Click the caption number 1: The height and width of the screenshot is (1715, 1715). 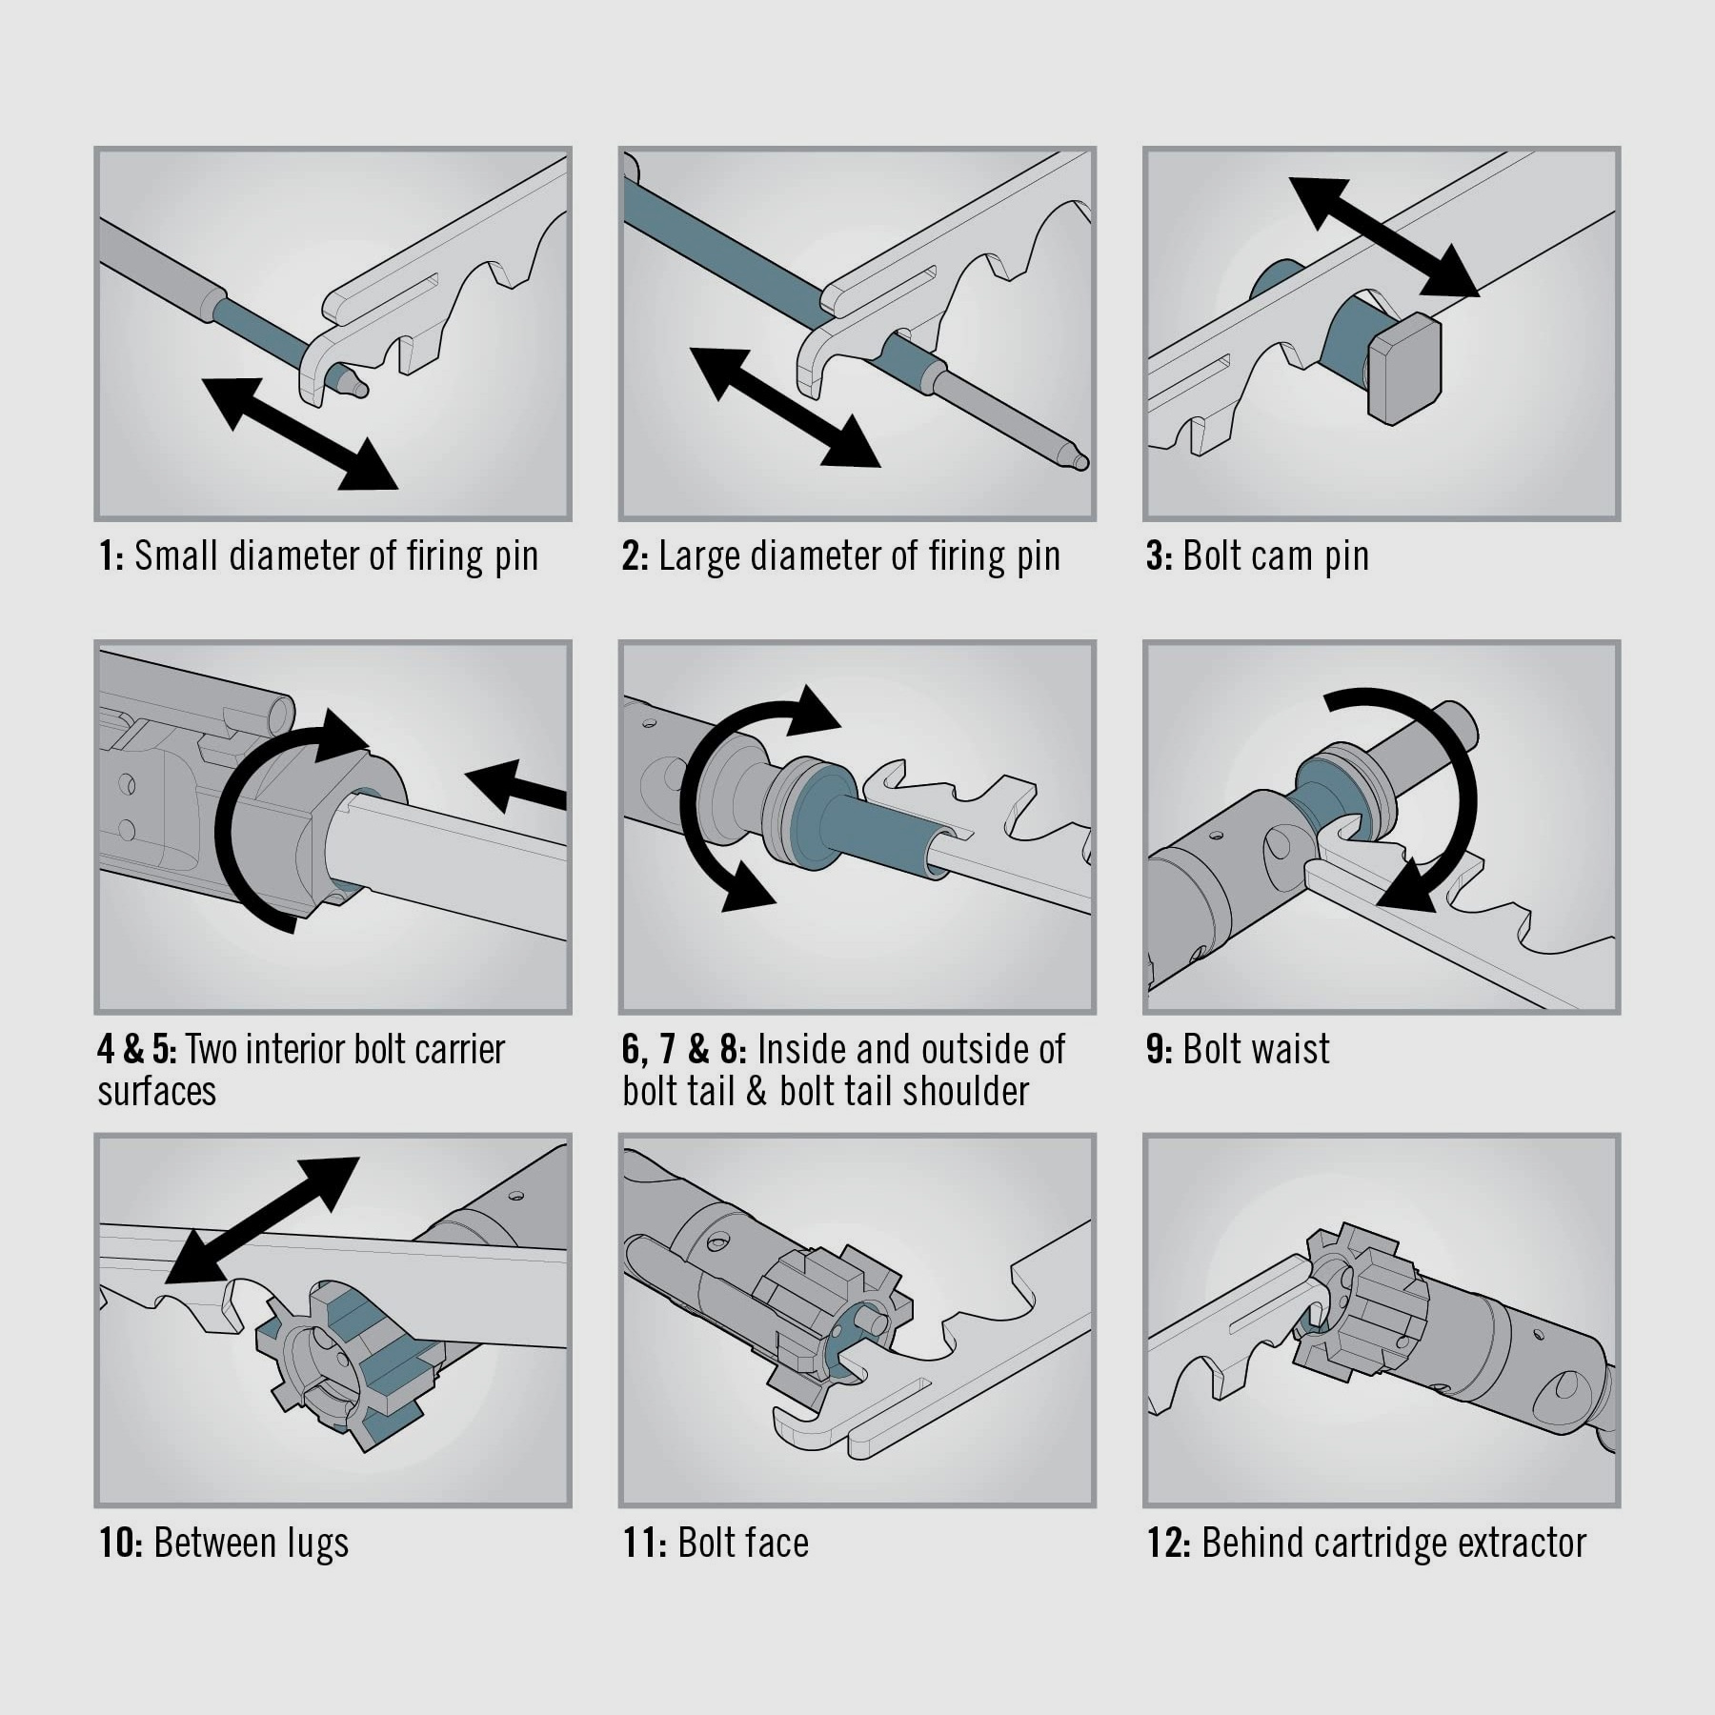pos(111,556)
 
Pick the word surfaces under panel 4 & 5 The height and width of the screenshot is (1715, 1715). pos(156,1092)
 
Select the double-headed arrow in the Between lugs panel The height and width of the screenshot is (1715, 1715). pos(262,1221)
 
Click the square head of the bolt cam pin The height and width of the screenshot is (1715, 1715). pos(1404,369)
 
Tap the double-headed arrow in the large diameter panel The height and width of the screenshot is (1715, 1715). pos(784,408)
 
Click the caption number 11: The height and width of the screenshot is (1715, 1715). pos(645,1543)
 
